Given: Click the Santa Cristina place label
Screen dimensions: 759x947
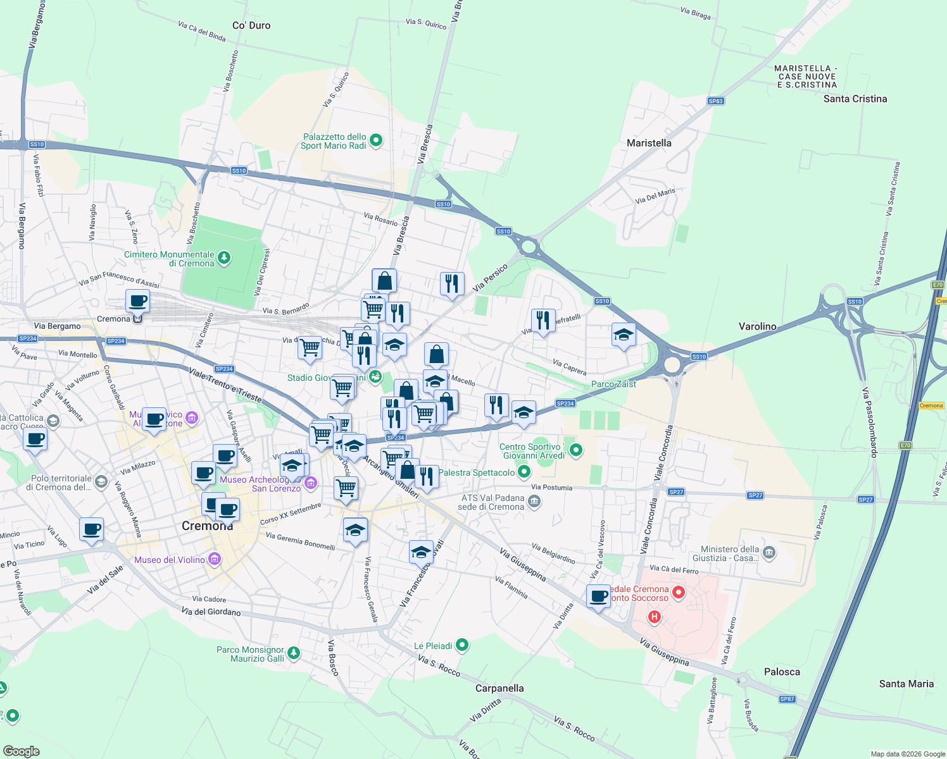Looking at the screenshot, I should coord(855,99).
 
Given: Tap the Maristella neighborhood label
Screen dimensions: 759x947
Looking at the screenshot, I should coord(649,143).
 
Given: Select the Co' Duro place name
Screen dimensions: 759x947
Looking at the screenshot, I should coord(251,25).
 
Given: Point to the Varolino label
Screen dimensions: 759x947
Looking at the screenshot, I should coord(757,326).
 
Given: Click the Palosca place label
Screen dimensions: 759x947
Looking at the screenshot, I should coord(782,672).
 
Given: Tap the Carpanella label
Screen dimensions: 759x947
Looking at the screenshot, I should coord(499,688).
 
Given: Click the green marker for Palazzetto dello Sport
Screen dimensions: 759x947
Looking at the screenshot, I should coord(376,140).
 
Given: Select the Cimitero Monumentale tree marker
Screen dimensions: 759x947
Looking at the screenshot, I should coord(223,258).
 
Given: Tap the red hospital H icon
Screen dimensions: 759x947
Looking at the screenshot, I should coord(655,616).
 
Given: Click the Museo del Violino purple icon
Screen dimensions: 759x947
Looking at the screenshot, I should coord(215,559).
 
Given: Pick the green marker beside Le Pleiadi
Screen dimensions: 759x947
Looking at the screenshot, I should coord(462,645).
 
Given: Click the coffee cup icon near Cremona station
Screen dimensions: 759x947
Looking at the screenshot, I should coord(137,300).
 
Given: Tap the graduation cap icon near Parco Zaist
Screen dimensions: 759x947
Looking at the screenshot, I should coord(624,334).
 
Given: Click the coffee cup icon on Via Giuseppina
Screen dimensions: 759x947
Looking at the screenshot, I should coord(598,596).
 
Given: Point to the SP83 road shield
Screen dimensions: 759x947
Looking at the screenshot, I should coord(715,101).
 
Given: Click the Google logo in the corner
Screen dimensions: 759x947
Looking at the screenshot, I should coord(22,751).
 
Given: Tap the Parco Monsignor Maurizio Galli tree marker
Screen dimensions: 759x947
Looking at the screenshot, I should coord(293,653).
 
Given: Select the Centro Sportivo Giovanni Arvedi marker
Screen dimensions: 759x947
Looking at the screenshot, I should coord(575,450).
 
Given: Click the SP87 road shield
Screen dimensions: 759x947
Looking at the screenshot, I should coord(787,699).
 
